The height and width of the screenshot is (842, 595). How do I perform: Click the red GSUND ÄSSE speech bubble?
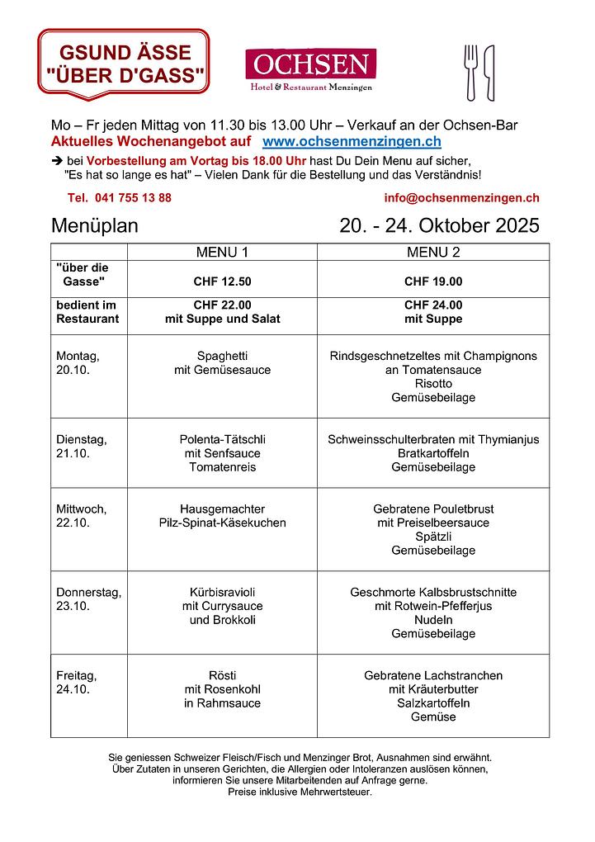point(124,64)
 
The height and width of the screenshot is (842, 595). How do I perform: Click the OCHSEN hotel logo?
point(310,69)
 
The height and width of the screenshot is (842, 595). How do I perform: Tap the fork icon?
point(471,73)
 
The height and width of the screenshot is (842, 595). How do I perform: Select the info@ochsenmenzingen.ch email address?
point(461,198)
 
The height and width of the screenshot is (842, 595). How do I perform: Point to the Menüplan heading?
point(95,226)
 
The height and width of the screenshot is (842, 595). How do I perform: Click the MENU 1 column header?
point(222,252)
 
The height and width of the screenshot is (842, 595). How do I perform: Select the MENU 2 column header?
point(433,252)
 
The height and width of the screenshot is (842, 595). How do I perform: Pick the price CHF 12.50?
point(222,281)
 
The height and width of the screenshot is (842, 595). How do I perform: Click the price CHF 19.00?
point(433,281)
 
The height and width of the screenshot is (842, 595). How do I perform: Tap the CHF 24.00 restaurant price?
point(433,305)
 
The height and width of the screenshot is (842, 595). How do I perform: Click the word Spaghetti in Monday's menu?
point(222,356)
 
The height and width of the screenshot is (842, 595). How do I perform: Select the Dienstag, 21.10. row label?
point(81,447)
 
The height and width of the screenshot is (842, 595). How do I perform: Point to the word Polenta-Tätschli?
point(222,439)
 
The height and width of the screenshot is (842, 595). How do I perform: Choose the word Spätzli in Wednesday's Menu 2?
point(433,537)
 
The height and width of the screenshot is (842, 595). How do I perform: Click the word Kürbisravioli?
point(222,592)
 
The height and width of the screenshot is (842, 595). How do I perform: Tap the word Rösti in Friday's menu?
point(222,675)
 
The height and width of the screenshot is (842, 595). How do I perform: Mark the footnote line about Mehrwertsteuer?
point(300,792)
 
